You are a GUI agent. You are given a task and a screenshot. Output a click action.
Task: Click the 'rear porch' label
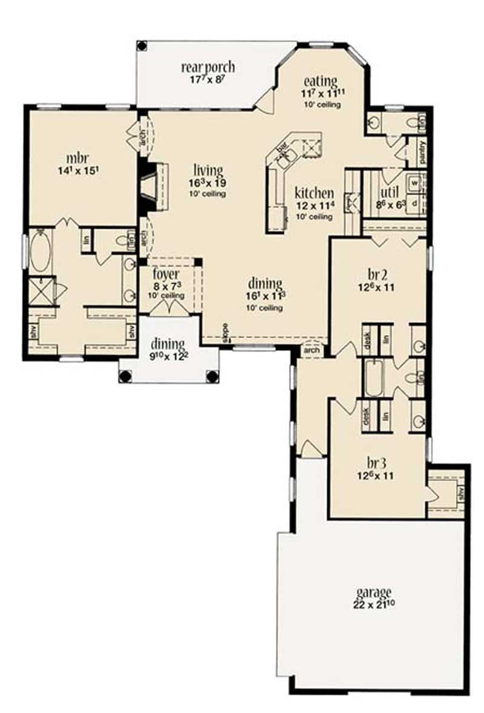tap(208, 67)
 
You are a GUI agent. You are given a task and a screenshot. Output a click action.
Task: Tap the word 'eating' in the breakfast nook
tap(320, 81)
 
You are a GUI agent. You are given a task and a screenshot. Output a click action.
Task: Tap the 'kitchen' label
tap(314, 194)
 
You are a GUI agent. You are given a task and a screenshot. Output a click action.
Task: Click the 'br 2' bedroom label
tap(377, 273)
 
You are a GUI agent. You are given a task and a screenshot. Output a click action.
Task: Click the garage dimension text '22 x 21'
tap(376, 604)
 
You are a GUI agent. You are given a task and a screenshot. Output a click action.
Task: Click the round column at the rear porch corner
tap(142, 45)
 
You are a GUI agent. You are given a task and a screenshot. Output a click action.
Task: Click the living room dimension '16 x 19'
tap(208, 182)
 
